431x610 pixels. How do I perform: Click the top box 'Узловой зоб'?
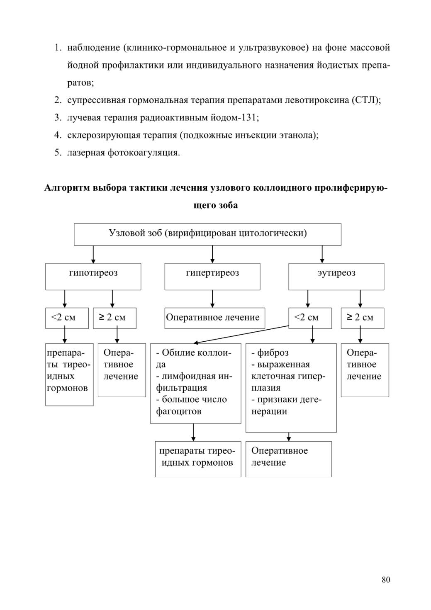coord(207,234)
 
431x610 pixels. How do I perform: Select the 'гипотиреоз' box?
coord(93,277)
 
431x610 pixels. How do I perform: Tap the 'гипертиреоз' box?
coord(212,277)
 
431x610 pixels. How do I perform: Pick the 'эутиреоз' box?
coord(336,277)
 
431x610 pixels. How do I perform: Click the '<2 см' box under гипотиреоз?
coord(67,318)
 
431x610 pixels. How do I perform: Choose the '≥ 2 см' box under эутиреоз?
coord(363,318)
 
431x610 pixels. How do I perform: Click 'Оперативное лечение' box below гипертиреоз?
coord(215,318)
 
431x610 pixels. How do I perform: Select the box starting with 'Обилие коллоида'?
coord(196,383)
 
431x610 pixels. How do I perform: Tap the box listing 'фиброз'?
coord(291,388)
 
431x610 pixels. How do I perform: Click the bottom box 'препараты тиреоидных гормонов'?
coord(198,459)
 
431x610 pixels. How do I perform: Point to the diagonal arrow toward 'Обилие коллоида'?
coord(241,334)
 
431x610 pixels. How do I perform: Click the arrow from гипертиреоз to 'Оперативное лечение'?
coord(212,299)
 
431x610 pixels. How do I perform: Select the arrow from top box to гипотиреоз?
coord(93,254)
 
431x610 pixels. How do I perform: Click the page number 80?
coord(386,580)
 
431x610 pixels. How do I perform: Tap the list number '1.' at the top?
coord(58,48)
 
